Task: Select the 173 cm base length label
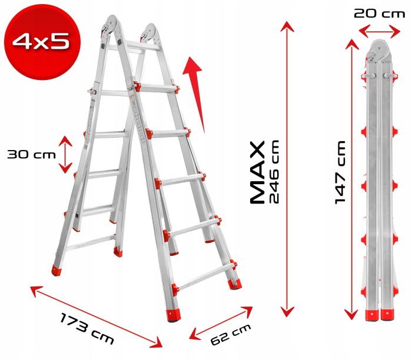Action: click(x=87, y=329)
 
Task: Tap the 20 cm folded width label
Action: click(x=379, y=14)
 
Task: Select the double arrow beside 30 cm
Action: click(x=65, y=154)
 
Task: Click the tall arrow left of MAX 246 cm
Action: click(x=287, y=168)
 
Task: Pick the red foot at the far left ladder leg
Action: click(x=58, y=270)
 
